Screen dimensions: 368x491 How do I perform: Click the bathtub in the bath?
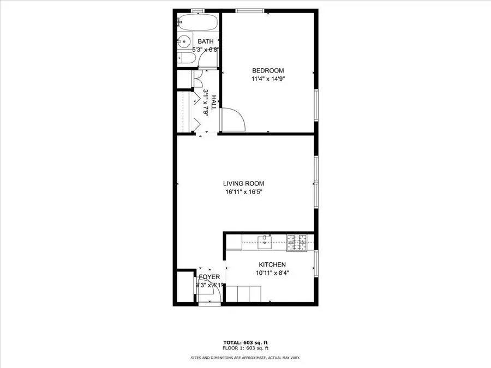197,24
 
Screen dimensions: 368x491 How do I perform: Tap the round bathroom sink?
183,40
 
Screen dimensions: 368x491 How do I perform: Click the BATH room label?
206,41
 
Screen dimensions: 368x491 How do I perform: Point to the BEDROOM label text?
268,70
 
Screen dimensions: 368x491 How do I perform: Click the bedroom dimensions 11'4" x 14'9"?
268,79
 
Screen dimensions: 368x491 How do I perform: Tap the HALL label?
214,103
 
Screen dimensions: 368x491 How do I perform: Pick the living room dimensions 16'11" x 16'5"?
247,192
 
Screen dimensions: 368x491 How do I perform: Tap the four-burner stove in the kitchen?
297,241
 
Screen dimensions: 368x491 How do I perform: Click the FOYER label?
209,277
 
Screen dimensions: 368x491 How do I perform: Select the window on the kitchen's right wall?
316,263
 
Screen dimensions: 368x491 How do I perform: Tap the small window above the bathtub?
198,10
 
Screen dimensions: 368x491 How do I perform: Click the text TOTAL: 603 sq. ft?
245,341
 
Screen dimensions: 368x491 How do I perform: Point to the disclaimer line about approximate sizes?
245,358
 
